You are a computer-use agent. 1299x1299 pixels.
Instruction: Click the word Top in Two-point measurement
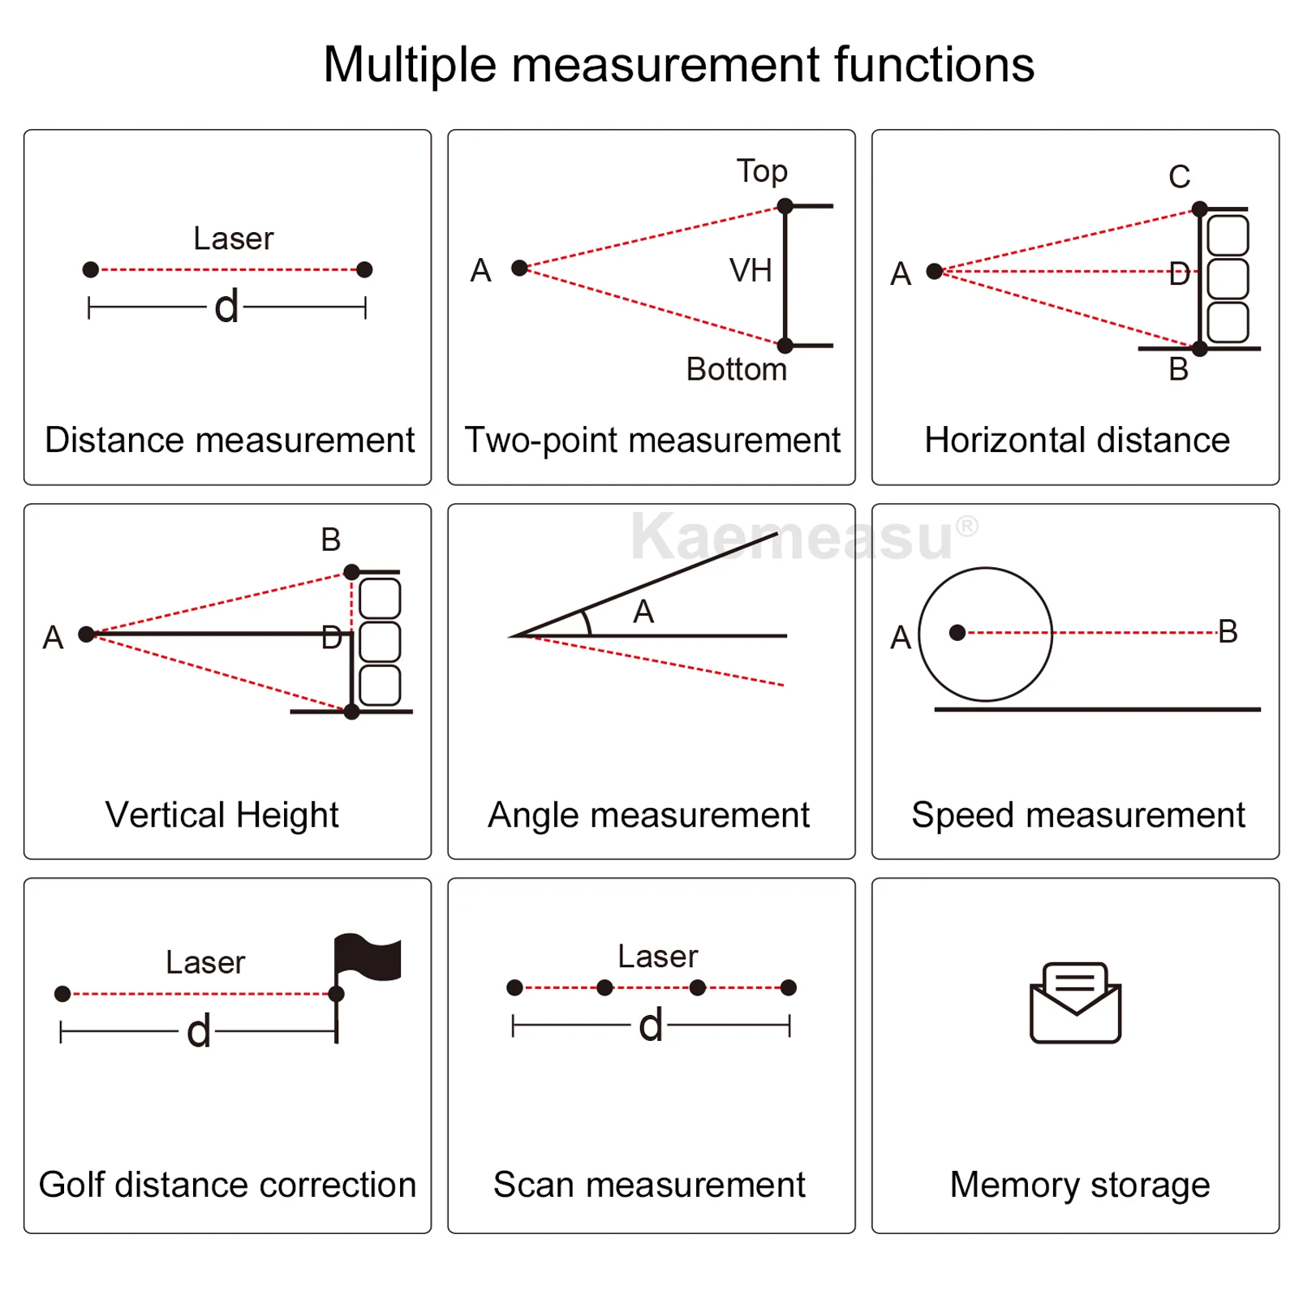click(x=762, y=171)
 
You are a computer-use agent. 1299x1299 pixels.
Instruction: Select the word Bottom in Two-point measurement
click(x=736, y=369)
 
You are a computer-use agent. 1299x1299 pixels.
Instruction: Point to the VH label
click(x=751, y=270)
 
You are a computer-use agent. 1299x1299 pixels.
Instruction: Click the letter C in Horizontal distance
click(x=1179, y=176)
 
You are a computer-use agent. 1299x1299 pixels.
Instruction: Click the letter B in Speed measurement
click(x=1228, y=631)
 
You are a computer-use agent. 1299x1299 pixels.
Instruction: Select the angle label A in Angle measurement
click(x=643, y=611)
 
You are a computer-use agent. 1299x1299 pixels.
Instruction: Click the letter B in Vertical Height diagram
click(x=330, y=540)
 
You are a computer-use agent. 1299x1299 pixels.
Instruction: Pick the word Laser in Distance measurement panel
click(x=234, y=239)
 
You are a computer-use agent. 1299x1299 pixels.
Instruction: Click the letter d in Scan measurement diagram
click(x=651, y=1026)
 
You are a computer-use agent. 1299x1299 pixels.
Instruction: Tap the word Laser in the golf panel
click(x=205, y=962)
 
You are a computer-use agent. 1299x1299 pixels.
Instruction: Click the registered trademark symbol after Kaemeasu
click(x=967, y=526)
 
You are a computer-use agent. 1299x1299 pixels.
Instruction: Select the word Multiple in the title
click(x=410, y=64)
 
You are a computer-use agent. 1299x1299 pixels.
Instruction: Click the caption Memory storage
click(x=1079, y=1185)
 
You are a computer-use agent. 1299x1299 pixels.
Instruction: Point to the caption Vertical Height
click(x=222, y=815)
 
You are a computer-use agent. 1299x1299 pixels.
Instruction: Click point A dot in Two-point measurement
click(x=520, y=268)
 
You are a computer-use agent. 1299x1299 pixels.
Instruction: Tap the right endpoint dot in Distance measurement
click(x=364, y=269)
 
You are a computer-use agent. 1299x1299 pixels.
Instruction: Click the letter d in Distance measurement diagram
click(x=227, y=307)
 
